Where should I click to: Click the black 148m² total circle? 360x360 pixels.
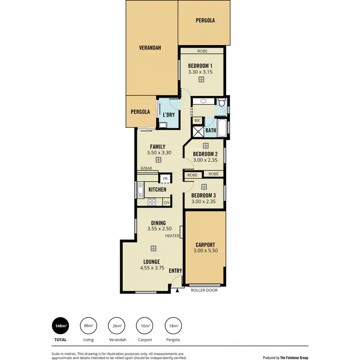tap(60, 326)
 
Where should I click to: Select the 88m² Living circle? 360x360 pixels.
tap(88, 326)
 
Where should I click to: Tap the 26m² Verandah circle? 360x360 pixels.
tap(116, 326)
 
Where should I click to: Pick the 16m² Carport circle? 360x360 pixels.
tap(144, 326)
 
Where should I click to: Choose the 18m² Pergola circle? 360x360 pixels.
tap(172, 326)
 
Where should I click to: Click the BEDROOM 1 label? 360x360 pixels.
tap(200, 66)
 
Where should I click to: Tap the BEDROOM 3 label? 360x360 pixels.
tap(204, 195)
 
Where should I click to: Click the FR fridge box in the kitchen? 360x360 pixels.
tap(165, 179)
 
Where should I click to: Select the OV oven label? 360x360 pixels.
tap(167, 203)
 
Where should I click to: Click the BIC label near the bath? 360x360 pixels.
tap(197, 120)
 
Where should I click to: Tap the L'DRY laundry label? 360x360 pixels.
tap(168, 115)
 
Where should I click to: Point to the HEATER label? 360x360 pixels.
tap(171, 236)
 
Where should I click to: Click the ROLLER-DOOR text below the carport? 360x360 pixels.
tap(204, 290)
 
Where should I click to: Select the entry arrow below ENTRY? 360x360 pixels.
tap(177, 290)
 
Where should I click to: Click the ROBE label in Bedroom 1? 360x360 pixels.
tap(202, 51)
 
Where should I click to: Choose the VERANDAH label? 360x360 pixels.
tap(150, 48)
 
